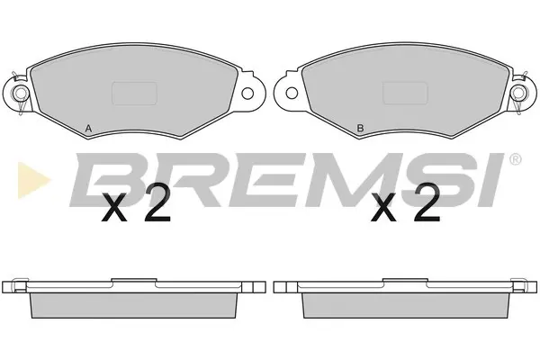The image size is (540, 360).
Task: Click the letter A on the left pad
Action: [x=88, y=129]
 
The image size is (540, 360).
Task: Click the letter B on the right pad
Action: [x=360, y=129]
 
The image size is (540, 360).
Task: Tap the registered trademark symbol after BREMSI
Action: [x=515, y=159]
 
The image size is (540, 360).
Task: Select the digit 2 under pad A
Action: [x=158, y=202]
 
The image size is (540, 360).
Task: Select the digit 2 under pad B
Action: [x=427, y=202]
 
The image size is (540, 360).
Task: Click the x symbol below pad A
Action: [x=114, y=207]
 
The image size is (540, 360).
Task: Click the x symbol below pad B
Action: [x=383, y=207]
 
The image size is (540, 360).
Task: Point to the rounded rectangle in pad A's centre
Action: [x=135, y=94]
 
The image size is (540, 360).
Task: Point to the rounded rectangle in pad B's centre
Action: [x=405, y=94]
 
